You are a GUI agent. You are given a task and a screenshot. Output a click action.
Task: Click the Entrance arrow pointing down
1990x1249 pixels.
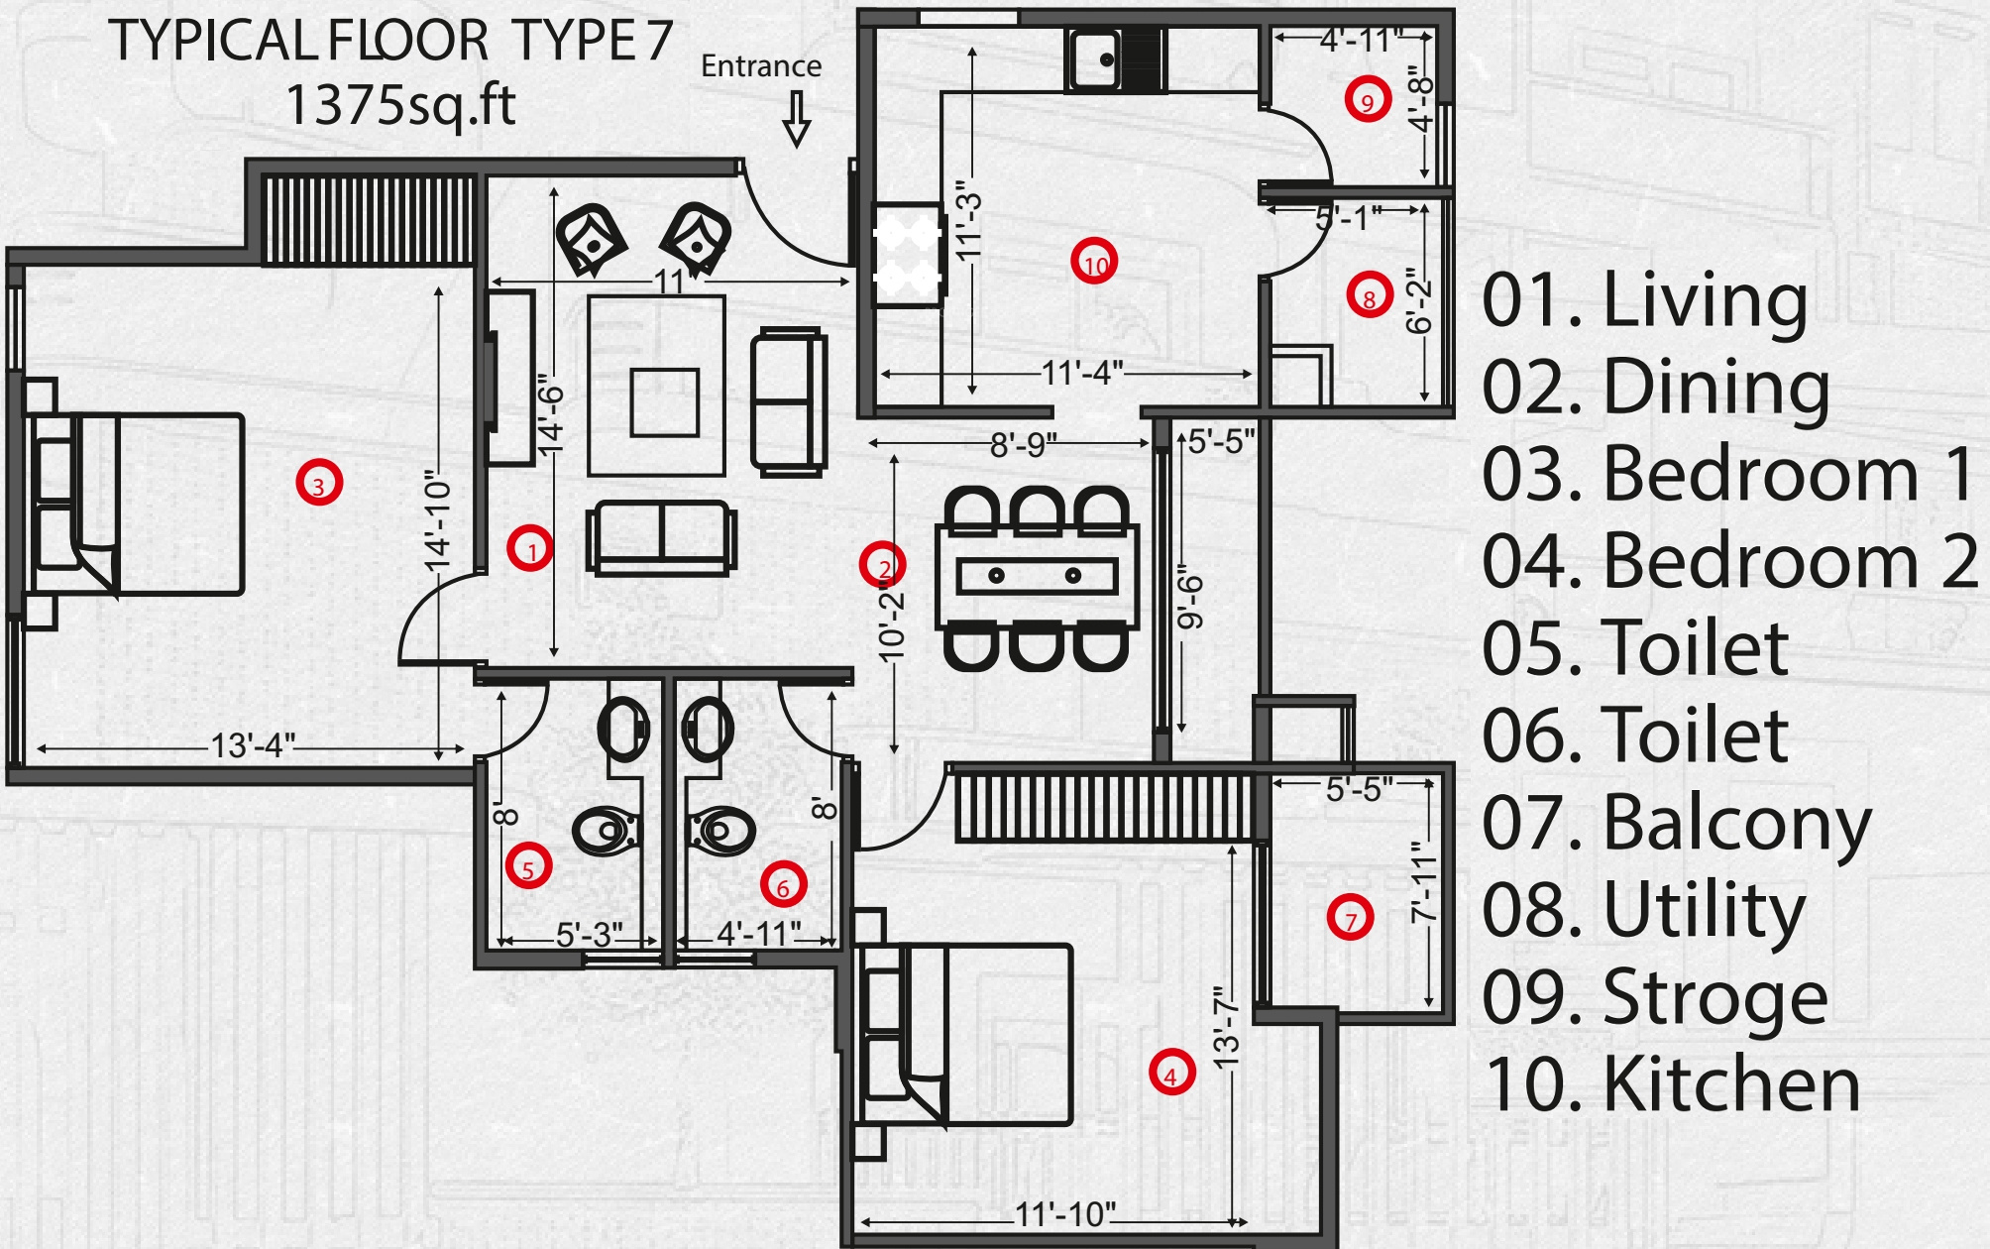pos(797,119)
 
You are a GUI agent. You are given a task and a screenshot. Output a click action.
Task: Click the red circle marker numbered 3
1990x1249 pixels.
pos(318,484)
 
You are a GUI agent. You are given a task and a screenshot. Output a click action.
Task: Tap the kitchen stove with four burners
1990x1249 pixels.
pos(906,255)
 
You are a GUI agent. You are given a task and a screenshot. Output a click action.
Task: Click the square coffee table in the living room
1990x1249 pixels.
pos(664,401)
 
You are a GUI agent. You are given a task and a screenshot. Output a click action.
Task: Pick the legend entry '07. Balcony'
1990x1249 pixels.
pos(1676,824)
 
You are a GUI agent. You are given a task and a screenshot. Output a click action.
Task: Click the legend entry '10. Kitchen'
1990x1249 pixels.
pos(1672,1084)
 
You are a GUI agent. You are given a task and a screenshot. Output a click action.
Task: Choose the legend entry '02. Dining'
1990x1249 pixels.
pos(1655,388)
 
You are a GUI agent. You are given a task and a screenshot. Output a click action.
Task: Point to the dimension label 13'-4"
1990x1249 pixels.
pos(253,745)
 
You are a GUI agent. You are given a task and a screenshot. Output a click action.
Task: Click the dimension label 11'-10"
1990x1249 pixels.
pos(1065,1214)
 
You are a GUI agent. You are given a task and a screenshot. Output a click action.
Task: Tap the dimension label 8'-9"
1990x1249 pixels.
pos(1024,444)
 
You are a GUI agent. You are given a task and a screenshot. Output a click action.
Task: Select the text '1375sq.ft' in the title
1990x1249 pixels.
pos(400,105)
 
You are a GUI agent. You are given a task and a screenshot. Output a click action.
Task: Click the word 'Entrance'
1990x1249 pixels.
pos(761,66)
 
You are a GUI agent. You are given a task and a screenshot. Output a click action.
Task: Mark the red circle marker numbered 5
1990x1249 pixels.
pos(528,866)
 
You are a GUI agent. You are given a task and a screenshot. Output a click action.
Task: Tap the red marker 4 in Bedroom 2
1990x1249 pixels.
pos(1171,1073)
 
